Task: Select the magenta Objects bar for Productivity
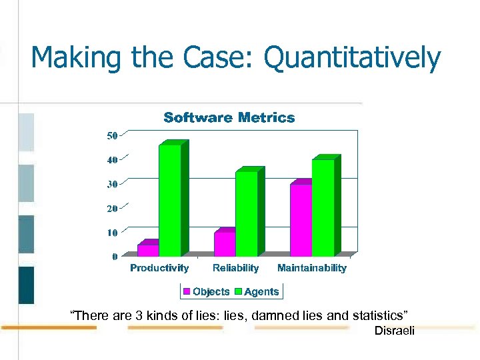point(148,250)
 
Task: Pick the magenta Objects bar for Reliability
point(225,244)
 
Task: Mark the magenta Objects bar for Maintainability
point(301,220)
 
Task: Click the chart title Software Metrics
point(229,118)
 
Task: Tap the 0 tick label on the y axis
point(115,256)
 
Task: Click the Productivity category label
point(159,268)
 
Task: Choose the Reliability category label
point(235,268)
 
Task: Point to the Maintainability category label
point(312,268)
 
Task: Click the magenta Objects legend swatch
point(187,291)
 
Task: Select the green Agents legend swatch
point(239,291)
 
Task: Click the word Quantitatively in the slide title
point(353,58)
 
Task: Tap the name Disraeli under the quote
point(394,331)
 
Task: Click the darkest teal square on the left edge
point(26,285)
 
